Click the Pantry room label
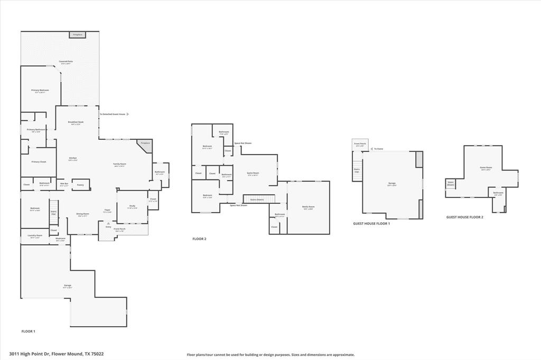(x=80, y=185)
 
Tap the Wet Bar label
(x=64, y=184)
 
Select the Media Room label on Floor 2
(x=308, y=207)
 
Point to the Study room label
(x=132, y=206)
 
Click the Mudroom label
(x=60, y=239)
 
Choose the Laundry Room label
(x=35, y=236)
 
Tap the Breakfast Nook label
(x=76, y=122)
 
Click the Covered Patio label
(x=66, y=62)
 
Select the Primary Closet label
(x=39, y=162)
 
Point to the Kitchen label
(x=73, y=158)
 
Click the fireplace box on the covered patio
(x=77, y=35)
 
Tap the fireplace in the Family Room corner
(x=145, y=143)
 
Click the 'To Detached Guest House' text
(x=113, y=114)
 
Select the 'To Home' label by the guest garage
(x=378, y=149)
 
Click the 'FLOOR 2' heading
(x=199, y=239)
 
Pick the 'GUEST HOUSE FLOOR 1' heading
(x=371, y=224)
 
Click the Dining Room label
(x=83, y=215)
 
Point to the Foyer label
(x=107, y=210)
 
